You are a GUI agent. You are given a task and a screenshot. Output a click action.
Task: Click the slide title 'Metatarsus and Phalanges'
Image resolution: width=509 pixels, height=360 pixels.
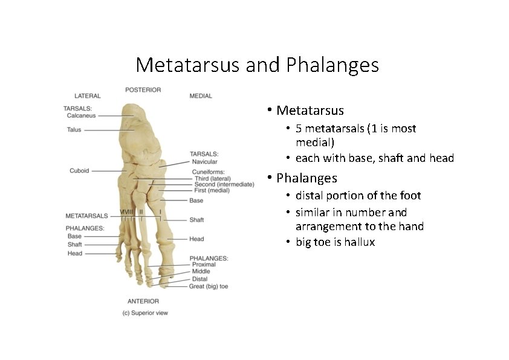pyautogui.click(x=257, y=65)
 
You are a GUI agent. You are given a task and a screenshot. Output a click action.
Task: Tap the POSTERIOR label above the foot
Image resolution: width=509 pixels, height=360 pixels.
pyautogui.click(x=143, y=90)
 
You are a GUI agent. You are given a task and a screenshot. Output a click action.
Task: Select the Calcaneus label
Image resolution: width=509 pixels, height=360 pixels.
pyautogui.click(x=82, y=115)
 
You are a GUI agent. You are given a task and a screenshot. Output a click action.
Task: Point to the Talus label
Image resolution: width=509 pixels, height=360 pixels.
pyautogui.click(x=74, y=129)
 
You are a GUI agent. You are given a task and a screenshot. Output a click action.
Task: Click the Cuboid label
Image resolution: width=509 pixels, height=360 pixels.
pyautogui.click(x=79, y=171)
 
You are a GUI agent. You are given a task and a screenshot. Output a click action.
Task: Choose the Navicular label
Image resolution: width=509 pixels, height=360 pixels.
pyautogui.click(x=204, y=162)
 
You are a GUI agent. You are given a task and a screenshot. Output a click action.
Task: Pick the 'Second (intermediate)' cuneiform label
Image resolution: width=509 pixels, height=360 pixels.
pyautogui.click(x=224, y=184)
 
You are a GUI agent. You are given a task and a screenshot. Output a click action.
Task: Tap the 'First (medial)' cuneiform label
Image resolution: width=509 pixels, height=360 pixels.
pyautogui.click(x=209, y=190)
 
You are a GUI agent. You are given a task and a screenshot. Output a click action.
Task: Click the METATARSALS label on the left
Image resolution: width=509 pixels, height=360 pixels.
pyautogui.click(x=86, y=216)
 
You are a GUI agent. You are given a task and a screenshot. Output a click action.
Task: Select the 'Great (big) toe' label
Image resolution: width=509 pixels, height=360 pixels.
pyautogui.click(x=209, y=286)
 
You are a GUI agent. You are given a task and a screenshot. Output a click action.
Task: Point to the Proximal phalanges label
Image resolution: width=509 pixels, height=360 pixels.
pyautogui.click(x=204, y=265)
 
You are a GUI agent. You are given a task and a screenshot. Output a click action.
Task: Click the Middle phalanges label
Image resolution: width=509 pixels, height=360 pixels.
pyautogui.click(x=201, y=272)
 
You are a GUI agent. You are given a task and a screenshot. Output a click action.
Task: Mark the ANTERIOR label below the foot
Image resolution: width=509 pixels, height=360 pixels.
pyautogui.click(x=143, y=301)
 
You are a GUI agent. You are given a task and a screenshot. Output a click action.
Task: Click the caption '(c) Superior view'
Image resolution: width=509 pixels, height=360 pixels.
pyautogui.click(x=145, y=313)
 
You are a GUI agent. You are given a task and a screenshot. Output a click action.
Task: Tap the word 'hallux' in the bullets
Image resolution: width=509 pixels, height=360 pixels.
pyautogui.click(x=360, y=242)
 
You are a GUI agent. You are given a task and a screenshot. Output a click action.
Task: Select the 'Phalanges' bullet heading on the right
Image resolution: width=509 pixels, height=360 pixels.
pyautogui.click(x=306, y=178)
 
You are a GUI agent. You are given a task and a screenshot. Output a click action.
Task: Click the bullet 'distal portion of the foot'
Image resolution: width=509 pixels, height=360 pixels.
pyautogui.click(x=358, y=196)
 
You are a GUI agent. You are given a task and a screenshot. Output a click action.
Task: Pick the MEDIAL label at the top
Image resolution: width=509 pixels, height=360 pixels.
pyautogui.click(x=201, y=96)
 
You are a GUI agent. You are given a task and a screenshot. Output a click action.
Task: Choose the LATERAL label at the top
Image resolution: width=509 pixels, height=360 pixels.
pyautogui.click(x=88, y=96)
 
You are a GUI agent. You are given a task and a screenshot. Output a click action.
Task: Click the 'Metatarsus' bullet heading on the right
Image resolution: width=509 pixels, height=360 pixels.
pyautogui.click(x=310, y=111)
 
